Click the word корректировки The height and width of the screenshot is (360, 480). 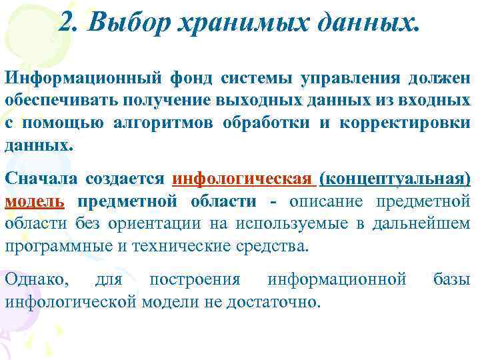pos(411,123)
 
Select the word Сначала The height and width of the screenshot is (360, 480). pos(43,179)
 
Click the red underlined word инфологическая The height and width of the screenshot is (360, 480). pos(243,179)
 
